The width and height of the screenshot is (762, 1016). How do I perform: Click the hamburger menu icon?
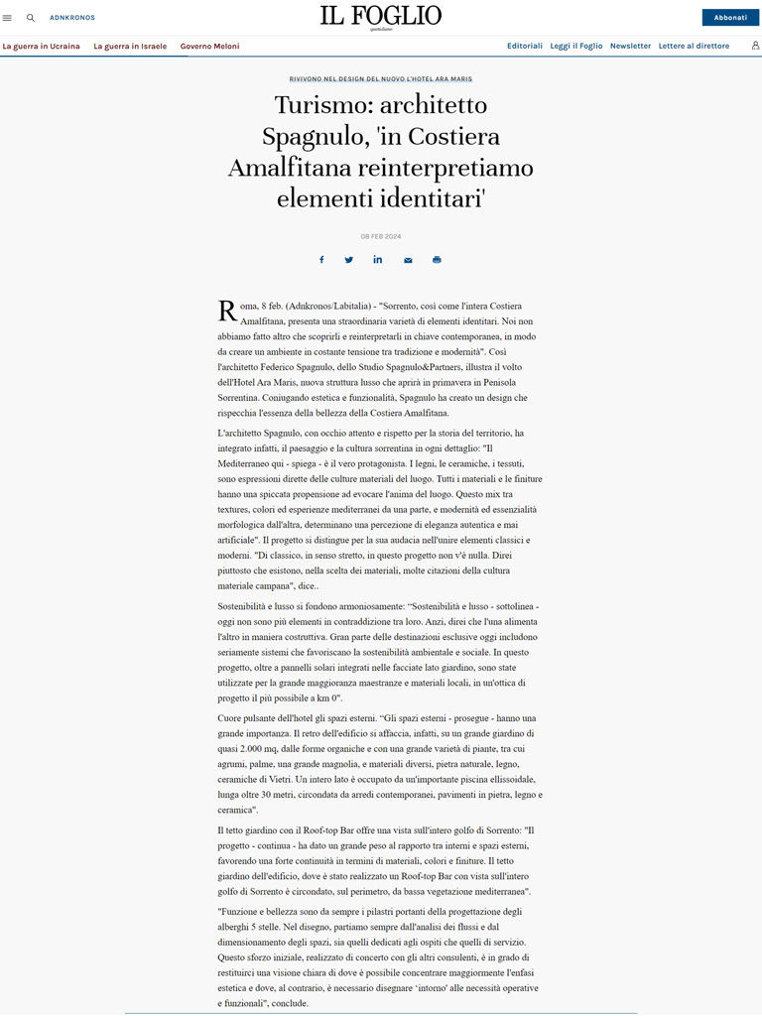pos(8,18)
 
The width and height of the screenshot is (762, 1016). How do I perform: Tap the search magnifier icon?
pos(31,18)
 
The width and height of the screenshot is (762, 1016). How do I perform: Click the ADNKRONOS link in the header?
pos(71,18)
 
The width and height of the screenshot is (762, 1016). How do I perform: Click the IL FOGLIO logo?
pos(380,16)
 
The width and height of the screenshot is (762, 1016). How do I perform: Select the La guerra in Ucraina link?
pos(41,46)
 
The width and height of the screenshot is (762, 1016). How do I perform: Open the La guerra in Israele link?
pos(130,46)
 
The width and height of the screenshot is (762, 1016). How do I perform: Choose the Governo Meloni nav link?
pos(209,46)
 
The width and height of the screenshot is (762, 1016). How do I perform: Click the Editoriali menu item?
pos(525,46)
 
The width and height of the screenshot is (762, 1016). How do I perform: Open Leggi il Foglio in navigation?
pos(575,46)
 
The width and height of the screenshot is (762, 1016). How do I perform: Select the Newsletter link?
pos(630,46)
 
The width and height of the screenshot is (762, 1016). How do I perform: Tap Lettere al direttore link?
pos(694,46)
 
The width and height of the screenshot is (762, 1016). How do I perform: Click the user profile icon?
pos(755,46)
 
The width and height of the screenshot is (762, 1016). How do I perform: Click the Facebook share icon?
pos(321,260)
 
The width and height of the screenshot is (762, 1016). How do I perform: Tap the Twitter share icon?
pos(349,260)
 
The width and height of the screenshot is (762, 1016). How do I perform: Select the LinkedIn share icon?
pos(378,260)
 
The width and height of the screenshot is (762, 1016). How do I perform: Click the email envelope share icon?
pos(408,260)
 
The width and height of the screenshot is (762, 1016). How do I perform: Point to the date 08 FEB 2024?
pos(381,236)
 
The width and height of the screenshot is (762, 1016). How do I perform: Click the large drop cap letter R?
pos(226,312)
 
